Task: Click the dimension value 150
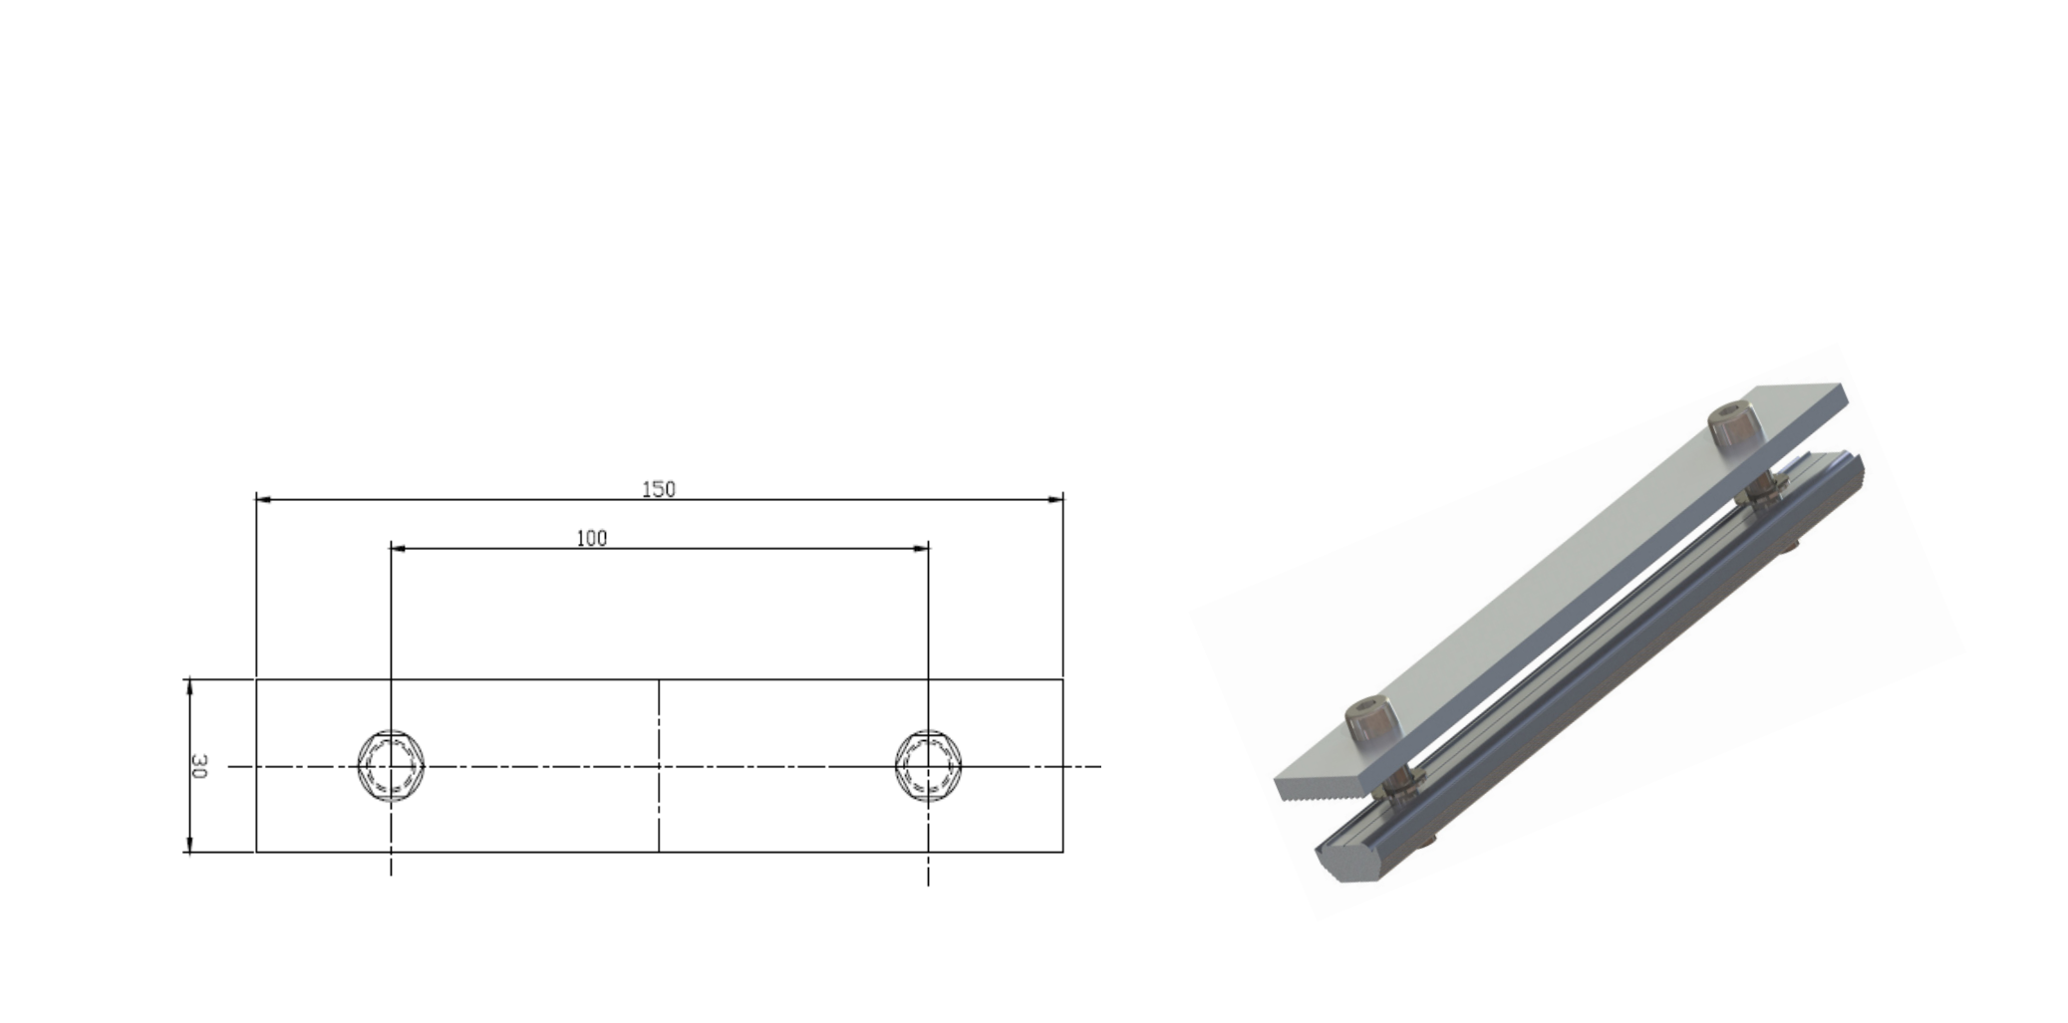pyautogui.click(x=658, y=489)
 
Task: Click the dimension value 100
pyautogui.click(x=591, y=538)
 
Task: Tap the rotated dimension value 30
pyautogui.click(x=198, y=766)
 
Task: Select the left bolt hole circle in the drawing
pyautogui.click(x=392, y=766)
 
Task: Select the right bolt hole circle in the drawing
pyautogui.click(x=928, y=766)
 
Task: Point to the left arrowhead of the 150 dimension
pyautogui.click(x=262, y=499)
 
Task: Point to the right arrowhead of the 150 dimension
pyautogui.click(x=1057, y=499)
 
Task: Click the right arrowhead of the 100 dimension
pyautogui.click(x=923, y=548)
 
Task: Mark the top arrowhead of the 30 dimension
pyautogui.click(x=189, y=684)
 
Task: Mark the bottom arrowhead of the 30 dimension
pyautogui.click(x=189, y=847)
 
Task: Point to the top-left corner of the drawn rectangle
pyautogui.click(x=256, y=679)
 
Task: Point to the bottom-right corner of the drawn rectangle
pyautogui.click(x=1063, y=852)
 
